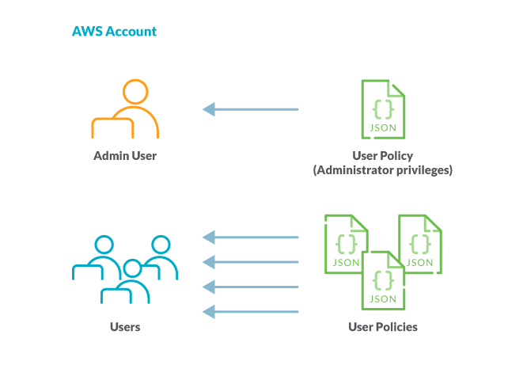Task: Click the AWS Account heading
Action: tap(114, 32)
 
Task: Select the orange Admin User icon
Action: tap(126, 110)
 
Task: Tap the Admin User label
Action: tap(125, 156)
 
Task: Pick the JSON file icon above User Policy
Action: tap(383, 109)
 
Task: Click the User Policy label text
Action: tap(383, 156)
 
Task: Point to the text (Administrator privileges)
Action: tap(383, 170)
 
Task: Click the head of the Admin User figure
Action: tap(135, 91)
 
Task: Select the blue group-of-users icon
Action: tap(126, 269)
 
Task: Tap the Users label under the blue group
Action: tap(125, 326)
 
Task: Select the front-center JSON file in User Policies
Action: tap(383, 281)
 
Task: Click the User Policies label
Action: tap(383, 326)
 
